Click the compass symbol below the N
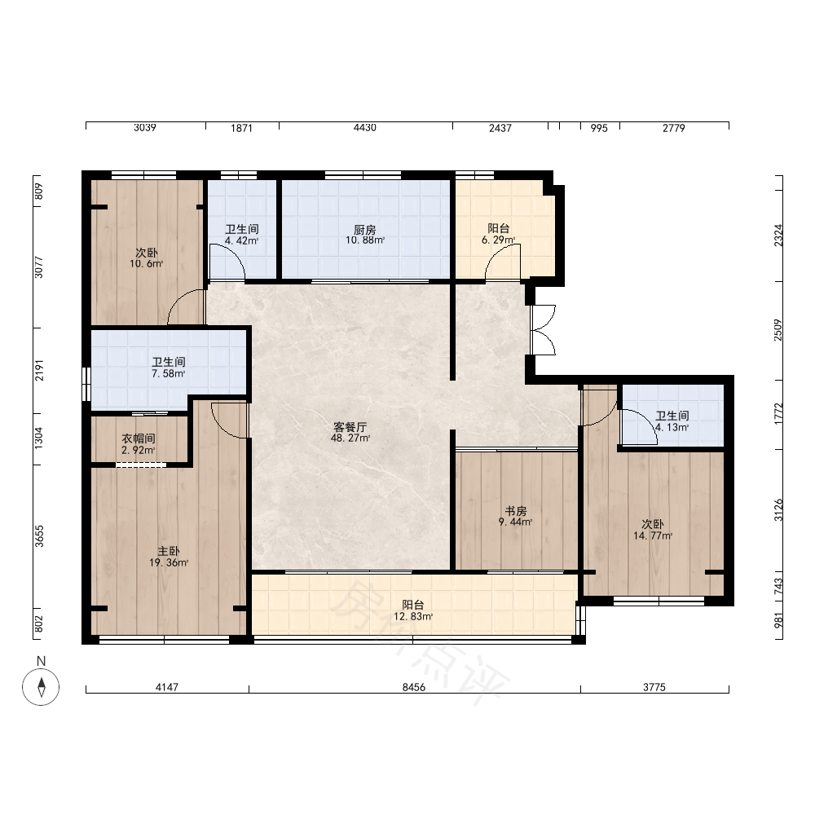(x=41, y=686)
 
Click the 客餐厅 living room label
(x=350, y=427)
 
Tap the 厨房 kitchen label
(x=365, y=230)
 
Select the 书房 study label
(x=516, y=511)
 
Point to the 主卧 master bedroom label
(x=169, y=552)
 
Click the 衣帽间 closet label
(x=139, y=438)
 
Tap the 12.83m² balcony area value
(x=413, y=617)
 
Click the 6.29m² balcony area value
(x=498, y=240)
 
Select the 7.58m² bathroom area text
(x=169, y=374)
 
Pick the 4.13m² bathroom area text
(x=672, y=428)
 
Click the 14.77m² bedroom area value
(x=653, y=536)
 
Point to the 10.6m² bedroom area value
(x=147, y=264)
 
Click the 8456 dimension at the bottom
(x=414, y=687)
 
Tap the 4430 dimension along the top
(x=365, y=128)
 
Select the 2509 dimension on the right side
(x=778, y=330)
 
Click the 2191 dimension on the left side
(x=39, y=370)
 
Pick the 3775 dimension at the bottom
(x=654, y=687)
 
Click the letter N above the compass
(x=41, y=661)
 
